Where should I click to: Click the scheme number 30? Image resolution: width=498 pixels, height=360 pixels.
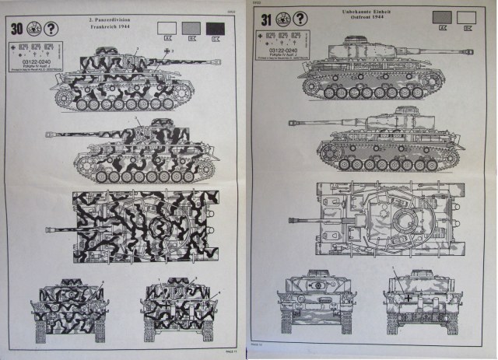coord(16,30)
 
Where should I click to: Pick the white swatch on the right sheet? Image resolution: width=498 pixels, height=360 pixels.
coord(468,16)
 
